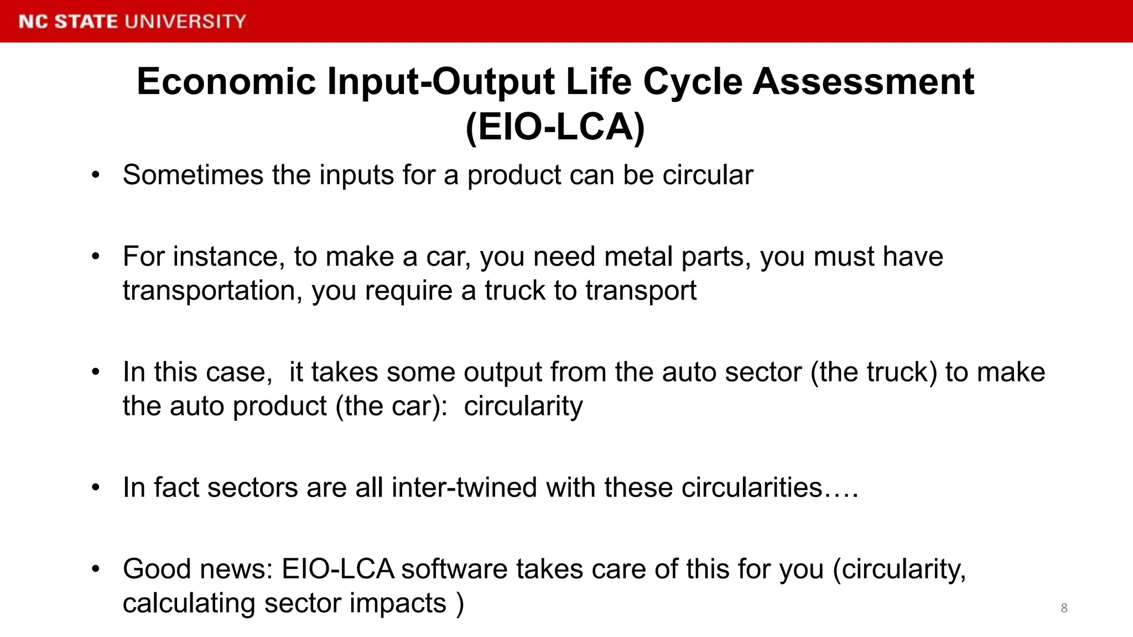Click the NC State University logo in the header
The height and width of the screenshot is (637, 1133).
[x=132, y=21]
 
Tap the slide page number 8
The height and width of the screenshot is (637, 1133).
[x=1064, y=608]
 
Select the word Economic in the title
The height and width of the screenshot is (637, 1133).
[x=226, y=81]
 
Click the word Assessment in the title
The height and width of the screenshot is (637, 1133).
[x=863, y=81]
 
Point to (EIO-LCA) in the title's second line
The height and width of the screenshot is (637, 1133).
[x=555, y=127]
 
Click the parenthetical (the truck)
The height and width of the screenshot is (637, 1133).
[x=874, y=372]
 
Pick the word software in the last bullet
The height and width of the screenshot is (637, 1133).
[x=454, y=569]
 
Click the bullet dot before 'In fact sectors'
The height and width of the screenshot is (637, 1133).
[x=96, y=488]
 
